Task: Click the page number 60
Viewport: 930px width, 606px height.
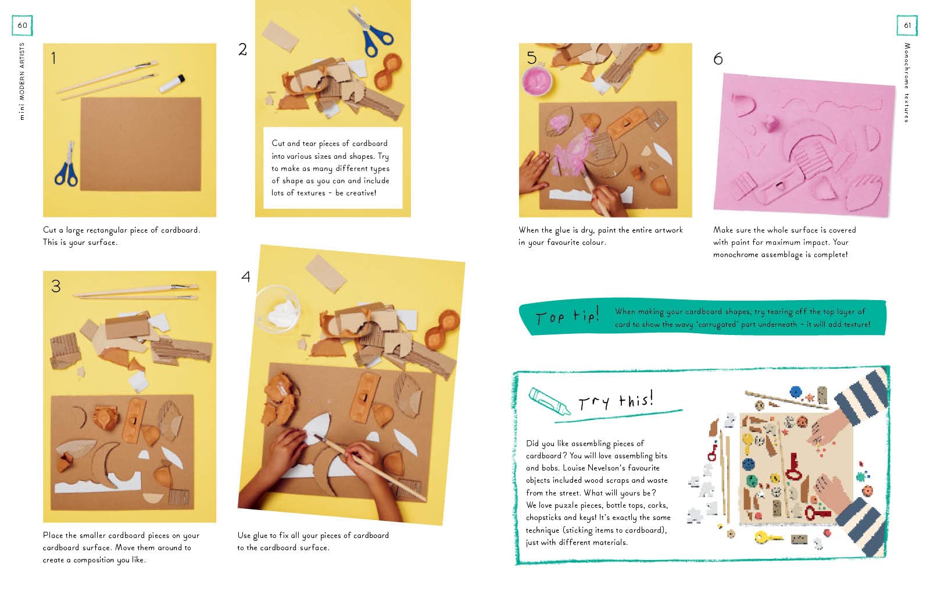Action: click(23, 26)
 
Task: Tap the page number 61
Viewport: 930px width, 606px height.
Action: click(907, 26)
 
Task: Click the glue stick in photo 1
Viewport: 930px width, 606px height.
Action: click(172, 84)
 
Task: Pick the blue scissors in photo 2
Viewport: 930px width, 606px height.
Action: click(371, 31)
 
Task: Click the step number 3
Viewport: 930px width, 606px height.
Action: click(56, 286)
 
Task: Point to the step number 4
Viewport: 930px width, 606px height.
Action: click(246, 276)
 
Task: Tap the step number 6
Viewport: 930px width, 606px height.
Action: click(718, 59)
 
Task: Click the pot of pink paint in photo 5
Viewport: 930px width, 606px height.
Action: click(537, 81)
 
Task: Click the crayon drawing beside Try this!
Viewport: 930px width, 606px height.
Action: click(549, 401)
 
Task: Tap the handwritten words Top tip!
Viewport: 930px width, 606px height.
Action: click(567, 316)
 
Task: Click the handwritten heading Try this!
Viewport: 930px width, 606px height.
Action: click(616, 400)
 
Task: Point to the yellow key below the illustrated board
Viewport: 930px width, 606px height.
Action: click(768, 537)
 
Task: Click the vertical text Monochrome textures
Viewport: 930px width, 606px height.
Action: click(907, 83)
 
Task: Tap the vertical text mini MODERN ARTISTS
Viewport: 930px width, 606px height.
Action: click(22, 81)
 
